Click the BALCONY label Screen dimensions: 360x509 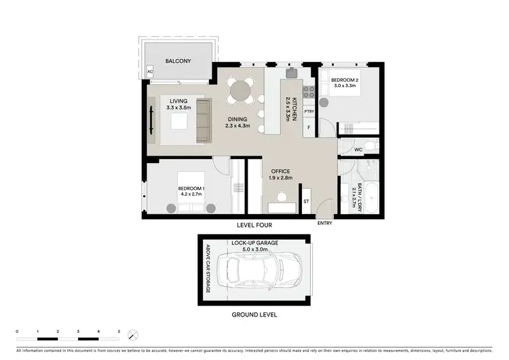click(178, 61)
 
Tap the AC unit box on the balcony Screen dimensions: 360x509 click(151, 71)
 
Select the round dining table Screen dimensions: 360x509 click(240, 90)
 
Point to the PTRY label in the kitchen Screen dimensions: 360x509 click(309, 111)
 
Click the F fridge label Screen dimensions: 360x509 click(309, 127)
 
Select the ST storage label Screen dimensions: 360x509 click(306, 202)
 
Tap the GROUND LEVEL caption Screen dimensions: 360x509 click(254, 314)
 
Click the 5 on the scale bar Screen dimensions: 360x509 click(119, 331)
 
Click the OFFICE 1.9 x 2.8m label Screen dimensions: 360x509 click(280, 175)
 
